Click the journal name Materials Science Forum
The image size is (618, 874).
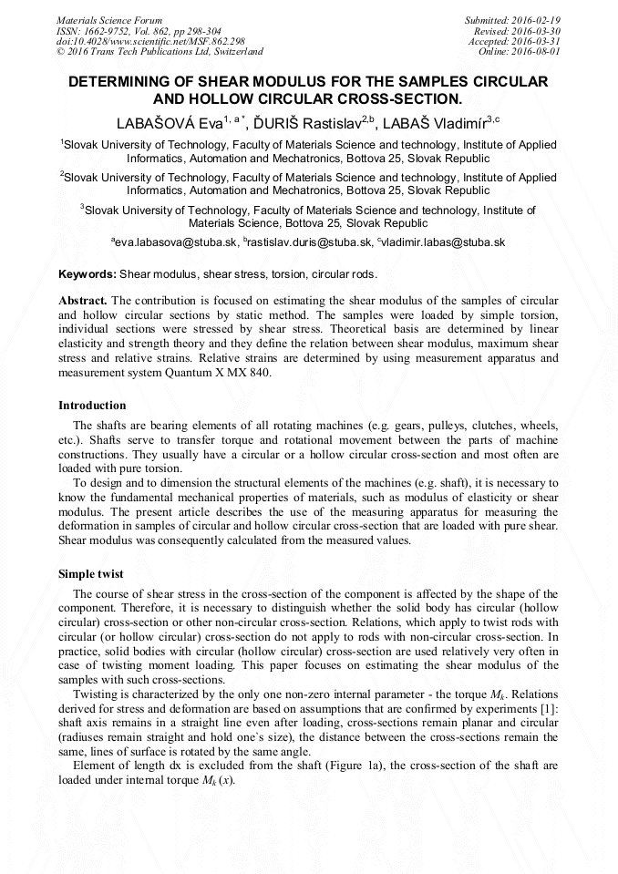click(x=109, y=19)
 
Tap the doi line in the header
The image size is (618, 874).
click(x=150, y=41)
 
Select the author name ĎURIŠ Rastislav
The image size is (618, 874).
click(x=301, y=123)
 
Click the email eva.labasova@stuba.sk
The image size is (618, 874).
click(x=177, y=242)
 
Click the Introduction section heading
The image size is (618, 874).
click(x=92, y=405)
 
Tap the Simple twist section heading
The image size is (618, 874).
click(x=91, y=573)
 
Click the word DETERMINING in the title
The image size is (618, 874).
click(x=135, y=81)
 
